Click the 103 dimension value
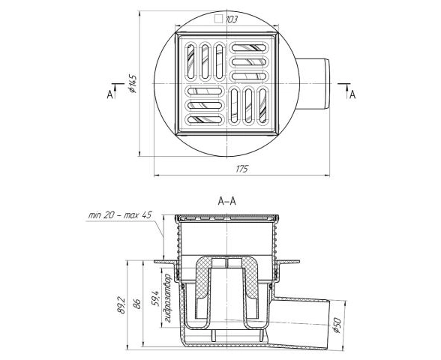tap(232, 19)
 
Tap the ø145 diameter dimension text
tap(133, 84)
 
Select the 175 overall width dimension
tap(241, 169)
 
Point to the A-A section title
tap(227, 201)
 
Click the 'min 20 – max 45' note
tap(120, 215)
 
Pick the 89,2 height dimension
tap(120, 304)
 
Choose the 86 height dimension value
tap(137, 304)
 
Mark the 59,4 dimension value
tap(155, 298)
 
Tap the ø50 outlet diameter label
tap(336, 325)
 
